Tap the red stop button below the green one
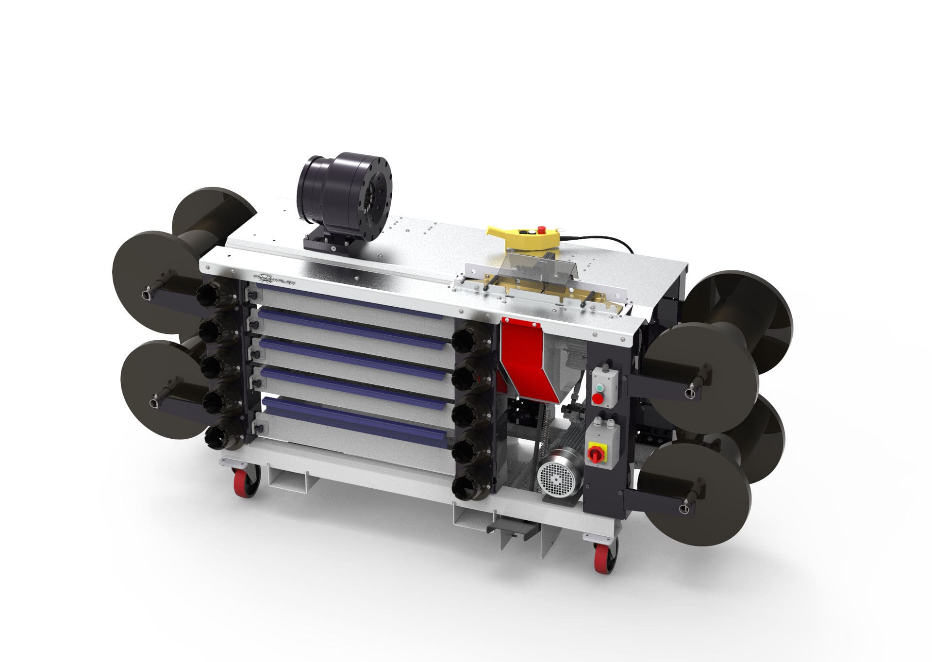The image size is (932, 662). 599,399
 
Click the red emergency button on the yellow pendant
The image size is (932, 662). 542,228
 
